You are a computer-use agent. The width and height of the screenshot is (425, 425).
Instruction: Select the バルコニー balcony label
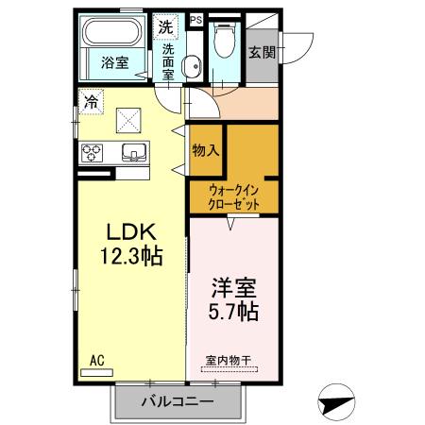[x=178, y=401]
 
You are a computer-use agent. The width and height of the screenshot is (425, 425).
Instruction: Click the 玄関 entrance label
[x=262, y=53]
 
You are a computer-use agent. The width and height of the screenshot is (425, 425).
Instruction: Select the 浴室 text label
[x=112, y=64]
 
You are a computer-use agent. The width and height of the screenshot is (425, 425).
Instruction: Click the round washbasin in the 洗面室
[x=191, y=66]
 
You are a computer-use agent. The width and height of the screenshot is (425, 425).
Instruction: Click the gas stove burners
[x=94, y=152]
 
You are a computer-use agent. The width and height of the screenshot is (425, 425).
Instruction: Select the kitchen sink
[x=132, y=152]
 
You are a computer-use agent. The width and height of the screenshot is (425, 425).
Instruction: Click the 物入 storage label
[x=205, y=149]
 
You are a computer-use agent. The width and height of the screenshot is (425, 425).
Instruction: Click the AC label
[x=96, y=360]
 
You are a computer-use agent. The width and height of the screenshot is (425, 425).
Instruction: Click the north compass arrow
[x=336, y=401]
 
